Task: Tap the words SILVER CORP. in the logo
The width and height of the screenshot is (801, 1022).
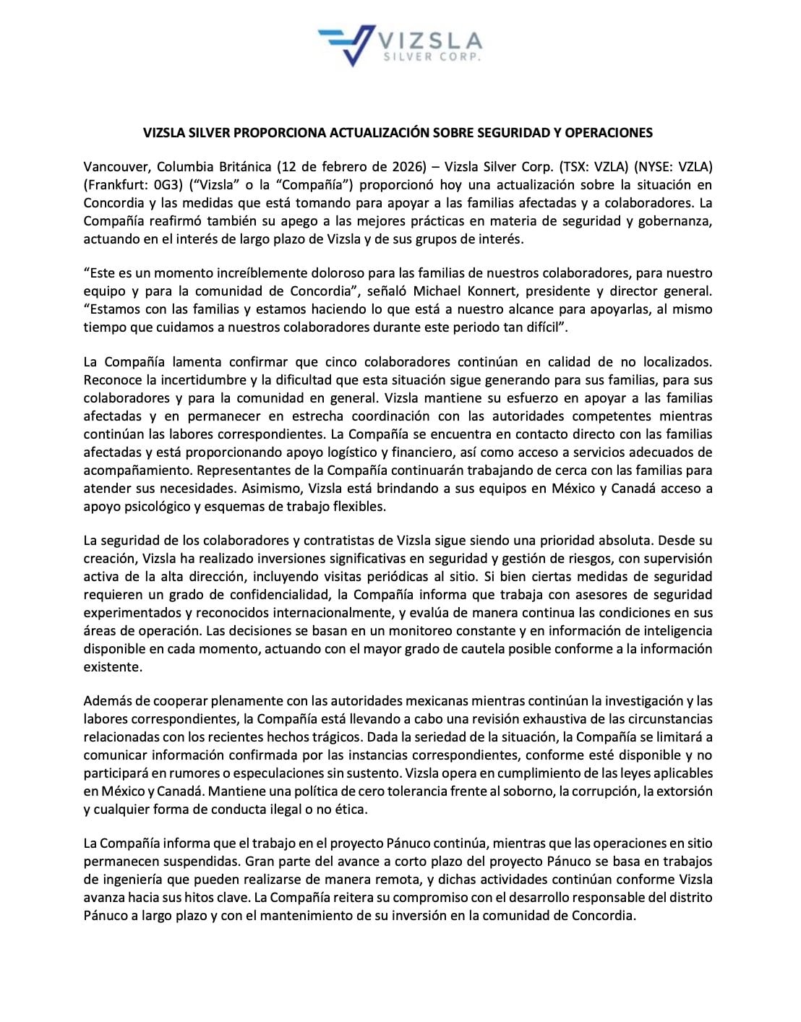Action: [x=431, y=57]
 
